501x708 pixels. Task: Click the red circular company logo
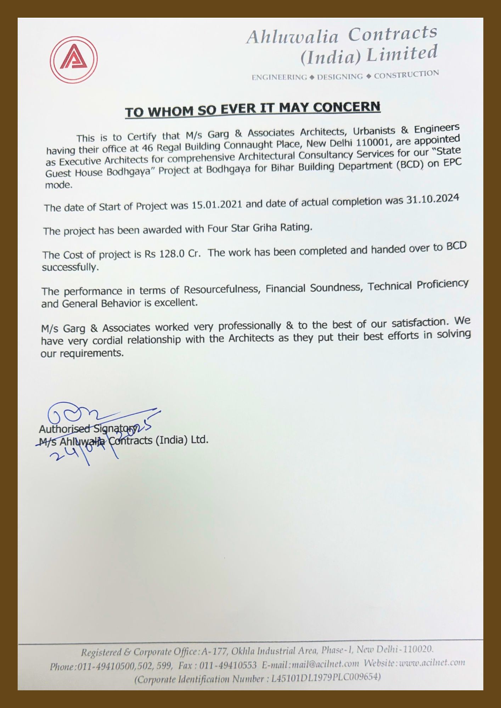74,59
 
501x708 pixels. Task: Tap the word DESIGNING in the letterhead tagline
340,76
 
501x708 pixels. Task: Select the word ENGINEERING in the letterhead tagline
279,77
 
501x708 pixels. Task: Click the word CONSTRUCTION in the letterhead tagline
406,75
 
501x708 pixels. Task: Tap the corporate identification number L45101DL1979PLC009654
326,678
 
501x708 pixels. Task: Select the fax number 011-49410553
228,665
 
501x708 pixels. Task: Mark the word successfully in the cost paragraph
70,267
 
